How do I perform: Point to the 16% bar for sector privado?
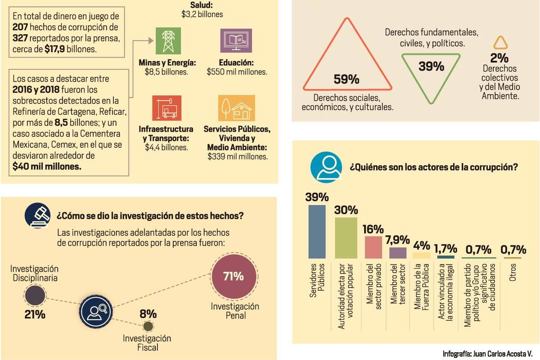(373, 247)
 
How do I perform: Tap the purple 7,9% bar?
(398, 253)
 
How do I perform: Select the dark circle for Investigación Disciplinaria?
(35, 296)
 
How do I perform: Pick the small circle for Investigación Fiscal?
(148, 326)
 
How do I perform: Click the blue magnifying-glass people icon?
(96, 311)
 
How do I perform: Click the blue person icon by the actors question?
(326, 167)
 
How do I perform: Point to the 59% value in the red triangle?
(346, 80)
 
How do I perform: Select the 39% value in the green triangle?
(431, 66)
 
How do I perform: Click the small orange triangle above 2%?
(500, 43)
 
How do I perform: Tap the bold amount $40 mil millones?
(47, 166)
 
